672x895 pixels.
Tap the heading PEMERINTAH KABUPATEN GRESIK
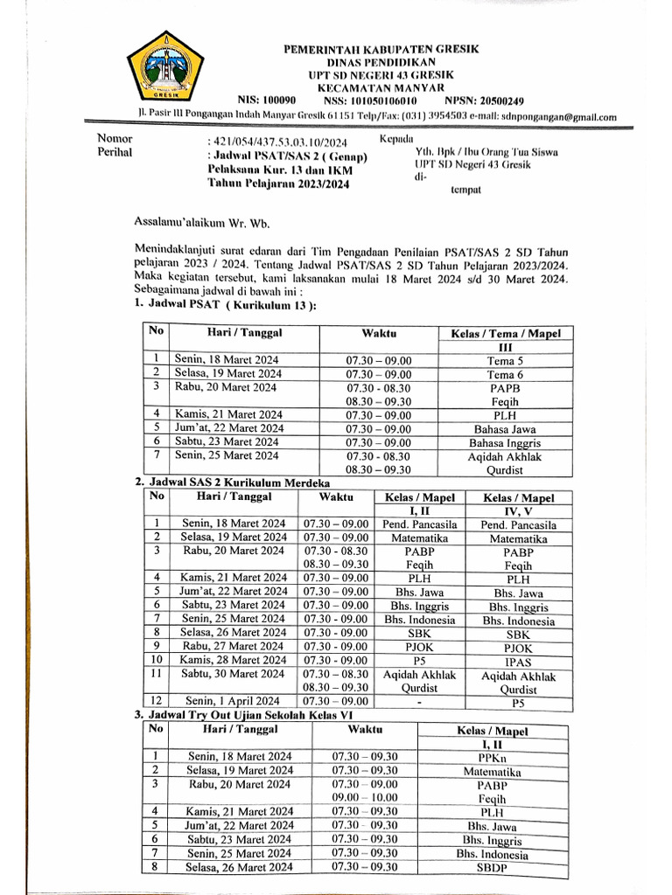380,50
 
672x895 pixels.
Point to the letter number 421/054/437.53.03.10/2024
277,142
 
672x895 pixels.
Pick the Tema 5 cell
505,360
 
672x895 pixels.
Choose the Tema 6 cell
505,373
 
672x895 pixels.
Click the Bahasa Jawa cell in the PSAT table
505,428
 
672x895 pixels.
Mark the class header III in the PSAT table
505,347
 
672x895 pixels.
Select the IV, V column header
518,510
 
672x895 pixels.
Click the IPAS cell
518,662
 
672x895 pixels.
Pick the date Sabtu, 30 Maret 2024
233,673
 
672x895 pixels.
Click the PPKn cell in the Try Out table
492,757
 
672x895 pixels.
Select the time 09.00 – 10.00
364,797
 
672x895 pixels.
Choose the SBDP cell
492,868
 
